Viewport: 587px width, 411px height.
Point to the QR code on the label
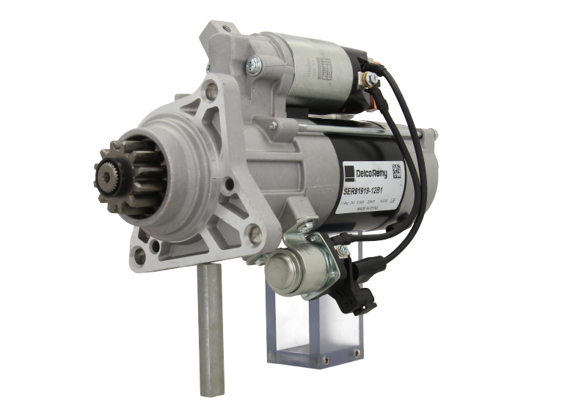(x=396, y=172)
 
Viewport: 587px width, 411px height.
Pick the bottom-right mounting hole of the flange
(x=255, y=234)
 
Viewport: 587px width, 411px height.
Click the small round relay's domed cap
(x=281, y=272)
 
